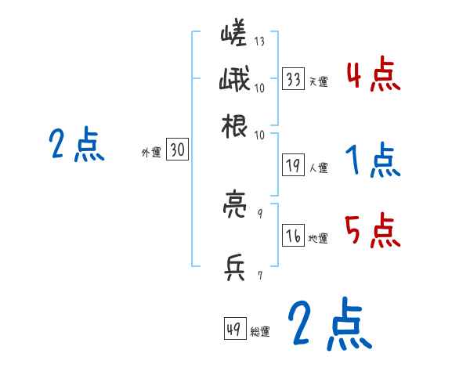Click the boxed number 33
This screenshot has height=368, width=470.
294,78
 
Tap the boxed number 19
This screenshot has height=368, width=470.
294,166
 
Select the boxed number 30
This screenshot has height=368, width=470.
178,151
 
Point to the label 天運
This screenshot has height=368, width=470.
317,81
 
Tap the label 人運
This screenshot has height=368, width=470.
318,168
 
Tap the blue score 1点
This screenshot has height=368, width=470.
373,162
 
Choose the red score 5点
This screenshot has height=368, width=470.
373,230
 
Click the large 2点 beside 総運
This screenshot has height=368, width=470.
328,324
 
